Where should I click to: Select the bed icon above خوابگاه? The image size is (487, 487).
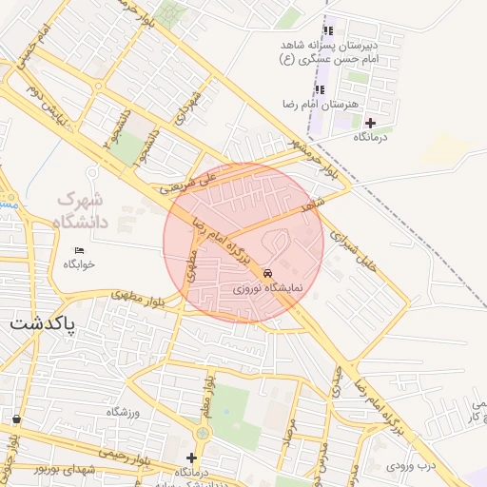[79, 250]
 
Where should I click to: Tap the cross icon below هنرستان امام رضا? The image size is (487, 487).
[370, 122]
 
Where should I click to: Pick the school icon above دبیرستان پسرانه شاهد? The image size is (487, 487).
[329, 31]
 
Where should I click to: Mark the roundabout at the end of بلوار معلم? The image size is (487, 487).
[201, 434]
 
